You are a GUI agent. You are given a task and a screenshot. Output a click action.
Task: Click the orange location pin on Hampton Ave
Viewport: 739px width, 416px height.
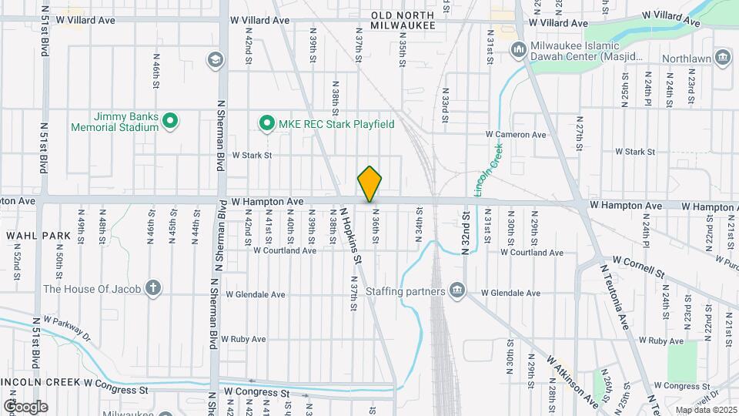[369, 183]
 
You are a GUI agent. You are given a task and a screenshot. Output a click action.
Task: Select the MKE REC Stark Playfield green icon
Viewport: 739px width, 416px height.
[266, 123]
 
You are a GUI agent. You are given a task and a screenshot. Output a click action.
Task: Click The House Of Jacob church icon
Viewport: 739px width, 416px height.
[153, 289]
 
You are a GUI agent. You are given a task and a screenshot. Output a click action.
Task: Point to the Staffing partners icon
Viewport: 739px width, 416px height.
[457, 290]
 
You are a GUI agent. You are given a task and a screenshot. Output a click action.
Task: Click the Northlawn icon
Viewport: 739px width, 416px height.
[722, 57]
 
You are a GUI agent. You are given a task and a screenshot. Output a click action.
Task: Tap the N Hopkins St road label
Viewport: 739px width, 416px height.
[351, 233]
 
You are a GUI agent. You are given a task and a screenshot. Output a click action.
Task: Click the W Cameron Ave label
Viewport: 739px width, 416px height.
[515, 135]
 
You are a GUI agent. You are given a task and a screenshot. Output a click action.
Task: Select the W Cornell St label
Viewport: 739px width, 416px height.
[638, 267]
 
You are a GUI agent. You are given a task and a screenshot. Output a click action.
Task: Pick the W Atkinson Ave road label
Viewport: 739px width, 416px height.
[573, 381]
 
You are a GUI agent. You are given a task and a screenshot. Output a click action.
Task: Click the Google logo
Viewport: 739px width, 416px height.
[25, 406]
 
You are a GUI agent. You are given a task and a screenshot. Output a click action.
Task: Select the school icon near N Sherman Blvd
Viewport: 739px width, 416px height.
[214, 59]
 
